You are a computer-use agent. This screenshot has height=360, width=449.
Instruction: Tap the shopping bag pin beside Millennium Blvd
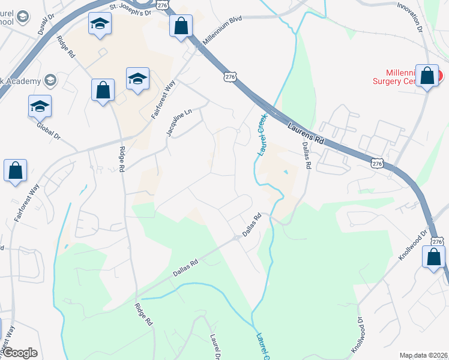click(x=181, y=27)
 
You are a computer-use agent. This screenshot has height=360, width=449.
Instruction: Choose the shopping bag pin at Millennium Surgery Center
click(x=427, y=76)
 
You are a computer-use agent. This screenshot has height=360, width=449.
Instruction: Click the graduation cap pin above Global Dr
click(x=40, y=106)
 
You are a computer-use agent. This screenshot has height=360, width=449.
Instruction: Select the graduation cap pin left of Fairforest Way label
click(x=137, y=79)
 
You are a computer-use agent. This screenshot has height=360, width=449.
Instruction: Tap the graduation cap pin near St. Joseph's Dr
click(x=100, y=25)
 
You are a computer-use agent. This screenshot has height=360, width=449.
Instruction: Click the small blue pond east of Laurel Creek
click(x=286, y=173)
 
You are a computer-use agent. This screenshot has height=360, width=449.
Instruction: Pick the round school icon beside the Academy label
click(x=50, y=80)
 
